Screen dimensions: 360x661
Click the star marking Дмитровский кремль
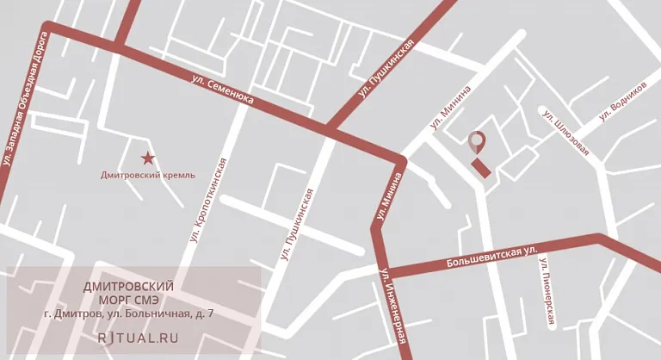(148, 158)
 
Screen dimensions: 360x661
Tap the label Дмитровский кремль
(147, 175)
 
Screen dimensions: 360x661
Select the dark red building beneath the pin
(481, 167)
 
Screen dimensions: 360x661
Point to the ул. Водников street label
(621, 104)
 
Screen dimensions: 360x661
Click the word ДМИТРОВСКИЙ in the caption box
(128, 286)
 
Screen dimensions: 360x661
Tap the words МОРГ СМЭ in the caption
(128, 300)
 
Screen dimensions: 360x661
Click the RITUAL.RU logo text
(138, 338)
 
